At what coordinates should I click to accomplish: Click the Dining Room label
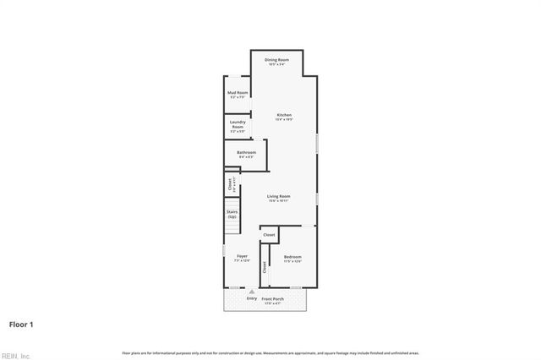[276, 60]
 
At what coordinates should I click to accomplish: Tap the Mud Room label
[238, 92]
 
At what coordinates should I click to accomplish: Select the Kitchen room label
[284, 115]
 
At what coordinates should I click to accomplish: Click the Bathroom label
[246, 152]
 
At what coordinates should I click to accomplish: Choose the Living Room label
[279, 196]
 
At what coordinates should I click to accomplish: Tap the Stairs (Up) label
[232, 214]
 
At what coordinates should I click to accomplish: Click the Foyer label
[242, 255]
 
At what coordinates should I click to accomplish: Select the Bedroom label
[292, 256]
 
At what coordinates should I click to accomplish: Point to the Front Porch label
[272, 299]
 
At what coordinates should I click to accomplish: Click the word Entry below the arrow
[251, 298]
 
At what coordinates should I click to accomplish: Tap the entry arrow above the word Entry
[251, 292]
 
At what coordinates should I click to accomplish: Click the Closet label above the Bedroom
[269, 234]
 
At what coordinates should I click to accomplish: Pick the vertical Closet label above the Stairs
[230, 184]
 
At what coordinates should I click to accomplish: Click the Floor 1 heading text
[21, 324]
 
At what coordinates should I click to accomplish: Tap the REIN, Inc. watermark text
[14, 355]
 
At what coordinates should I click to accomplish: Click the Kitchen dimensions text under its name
[284, 119]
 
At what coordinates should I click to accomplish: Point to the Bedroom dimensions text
[292, 261]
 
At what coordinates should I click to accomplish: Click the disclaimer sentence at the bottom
[270, 352]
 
